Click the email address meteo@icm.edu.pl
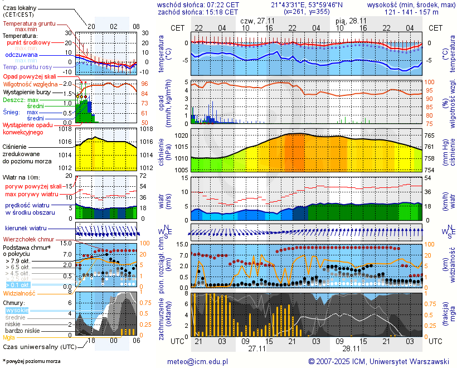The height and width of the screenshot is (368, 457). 198,361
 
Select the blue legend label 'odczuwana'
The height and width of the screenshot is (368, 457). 21,55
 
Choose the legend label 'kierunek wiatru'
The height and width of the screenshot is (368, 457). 26,229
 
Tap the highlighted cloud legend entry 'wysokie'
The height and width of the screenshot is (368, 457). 16,310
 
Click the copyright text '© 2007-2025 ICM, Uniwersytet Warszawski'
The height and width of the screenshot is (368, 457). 379,361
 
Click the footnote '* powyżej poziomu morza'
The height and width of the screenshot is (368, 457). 32,361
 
